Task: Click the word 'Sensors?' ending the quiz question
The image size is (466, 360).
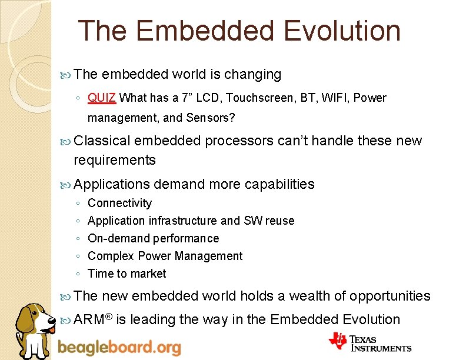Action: pos(211,118)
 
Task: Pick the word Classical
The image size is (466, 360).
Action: pos(102,141)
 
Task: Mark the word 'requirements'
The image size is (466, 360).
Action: pos(115,160)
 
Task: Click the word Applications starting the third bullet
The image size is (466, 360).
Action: pos(112,184)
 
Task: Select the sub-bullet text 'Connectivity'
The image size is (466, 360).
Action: pos(119,203)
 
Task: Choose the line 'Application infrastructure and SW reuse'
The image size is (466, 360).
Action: pos(191,221)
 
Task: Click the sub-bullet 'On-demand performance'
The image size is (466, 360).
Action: pos(153,238)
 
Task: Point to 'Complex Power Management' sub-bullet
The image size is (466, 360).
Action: pos(165,256)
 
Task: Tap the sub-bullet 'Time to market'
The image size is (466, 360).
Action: pos(127,274)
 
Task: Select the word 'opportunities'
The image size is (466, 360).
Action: pos(390,295)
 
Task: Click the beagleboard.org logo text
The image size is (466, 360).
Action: pos(119,347)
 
